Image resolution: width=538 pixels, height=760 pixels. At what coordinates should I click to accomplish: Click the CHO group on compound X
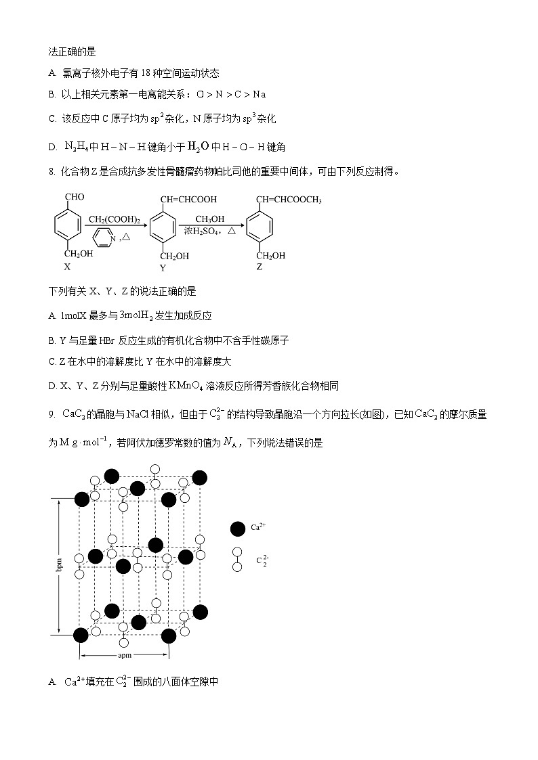[x=75, y=197]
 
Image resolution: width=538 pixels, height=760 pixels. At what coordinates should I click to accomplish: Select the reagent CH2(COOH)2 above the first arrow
[x=114, y=219]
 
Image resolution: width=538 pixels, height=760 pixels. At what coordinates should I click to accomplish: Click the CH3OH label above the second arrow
[x=209, y=219]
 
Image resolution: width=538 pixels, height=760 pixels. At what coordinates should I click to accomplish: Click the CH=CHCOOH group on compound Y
[x=189, y=200]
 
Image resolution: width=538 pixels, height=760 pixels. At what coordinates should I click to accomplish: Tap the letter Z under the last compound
[x=260, y=267]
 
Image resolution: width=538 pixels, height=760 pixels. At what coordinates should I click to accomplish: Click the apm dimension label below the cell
[x=125, y=655]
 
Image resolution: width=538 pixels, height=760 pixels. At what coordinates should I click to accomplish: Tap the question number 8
[x=51, y=171]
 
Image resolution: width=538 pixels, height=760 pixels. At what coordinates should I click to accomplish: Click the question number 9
[x=51, y=414]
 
